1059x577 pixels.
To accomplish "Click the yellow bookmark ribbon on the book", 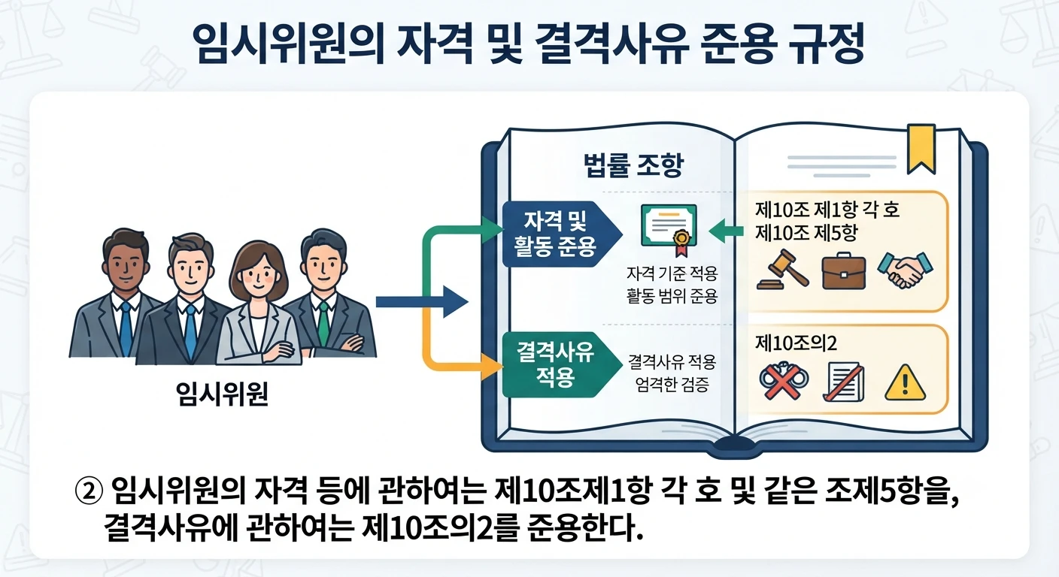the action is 921,147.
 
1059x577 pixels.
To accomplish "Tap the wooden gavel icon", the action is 783,269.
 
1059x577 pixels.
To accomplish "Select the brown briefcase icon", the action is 844,271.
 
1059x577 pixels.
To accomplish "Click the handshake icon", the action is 905,270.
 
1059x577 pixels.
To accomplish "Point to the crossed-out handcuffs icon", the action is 784,382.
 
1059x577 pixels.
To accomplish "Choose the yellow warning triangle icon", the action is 905,383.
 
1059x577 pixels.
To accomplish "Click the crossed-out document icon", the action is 844,382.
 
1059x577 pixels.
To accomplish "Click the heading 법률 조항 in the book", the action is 633,165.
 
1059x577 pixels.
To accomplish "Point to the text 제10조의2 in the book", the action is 797,343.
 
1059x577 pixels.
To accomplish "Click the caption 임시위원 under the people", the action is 222,394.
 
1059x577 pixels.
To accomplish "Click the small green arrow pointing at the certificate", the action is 726,231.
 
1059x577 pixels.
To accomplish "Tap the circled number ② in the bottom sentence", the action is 89,491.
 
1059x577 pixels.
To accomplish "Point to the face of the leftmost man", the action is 125,265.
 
